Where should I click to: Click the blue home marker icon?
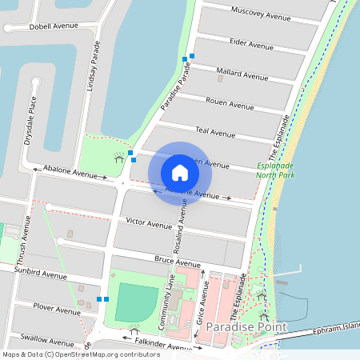coord(180,173)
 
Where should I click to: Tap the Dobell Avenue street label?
coord(54,26)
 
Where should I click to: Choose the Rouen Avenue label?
coord(230,104)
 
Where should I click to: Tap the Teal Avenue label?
coord(215,132)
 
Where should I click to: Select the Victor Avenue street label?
coord(145,220)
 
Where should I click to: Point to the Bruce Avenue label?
coord(177,262)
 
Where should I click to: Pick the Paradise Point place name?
coord(240,328)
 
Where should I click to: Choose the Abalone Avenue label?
coord(70,171)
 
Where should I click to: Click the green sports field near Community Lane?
coord(136,302)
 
